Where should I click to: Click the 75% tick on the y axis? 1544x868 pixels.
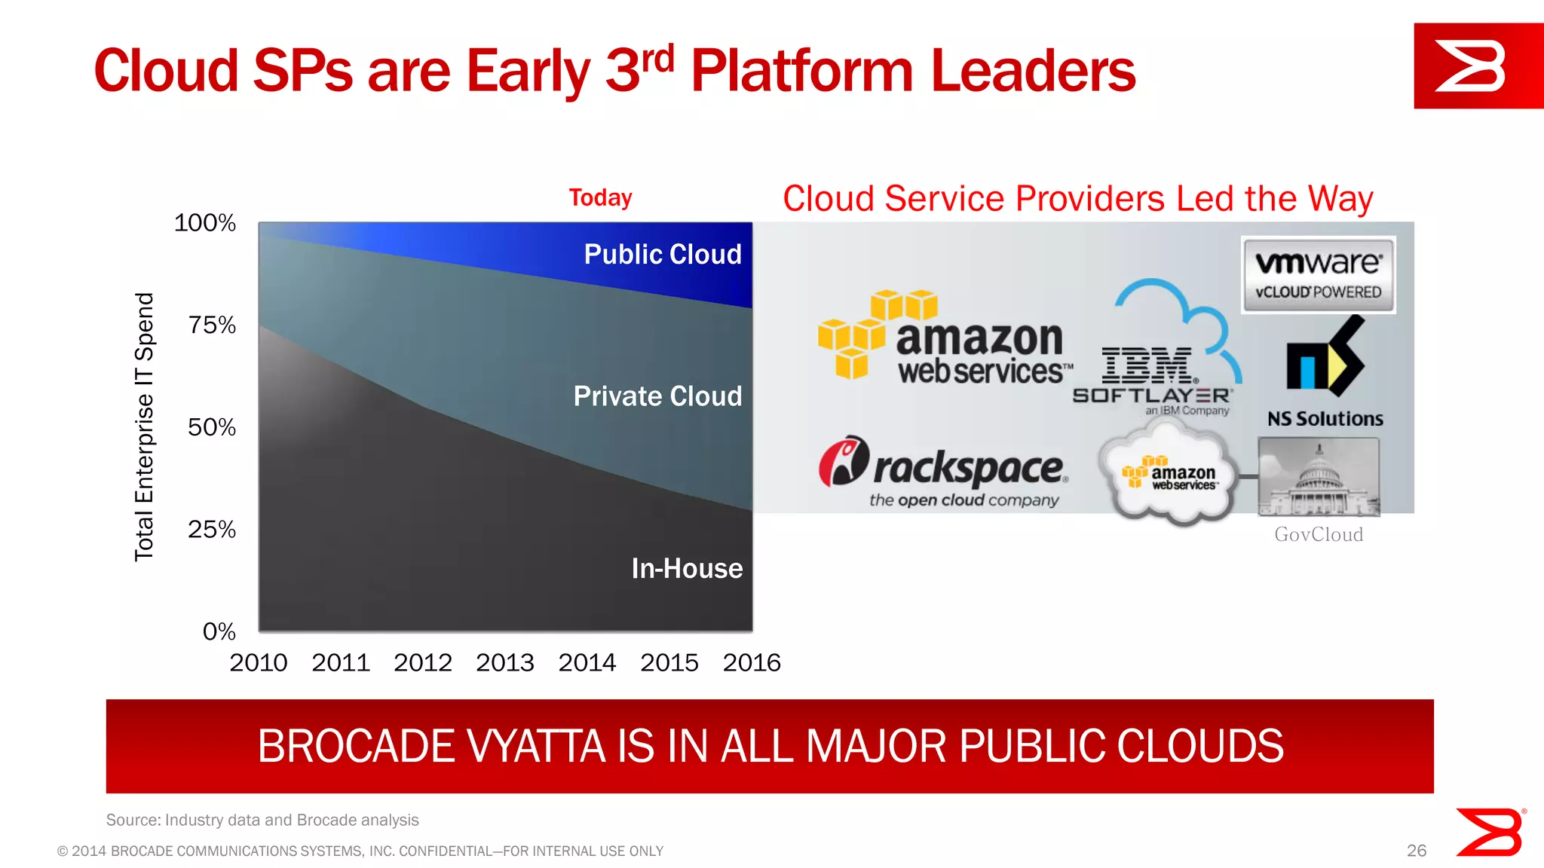(x=212, y=325)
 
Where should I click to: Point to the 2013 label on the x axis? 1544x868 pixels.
(x=504, y=663)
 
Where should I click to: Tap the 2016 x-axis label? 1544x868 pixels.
(x=751, y=663)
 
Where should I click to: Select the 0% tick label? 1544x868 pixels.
(x=219, y=631)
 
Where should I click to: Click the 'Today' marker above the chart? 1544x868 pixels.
(x=600, y=197)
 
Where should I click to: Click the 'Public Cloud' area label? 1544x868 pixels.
(x=663, y=255)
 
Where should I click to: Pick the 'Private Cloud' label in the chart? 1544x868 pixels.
(x=657, y=396)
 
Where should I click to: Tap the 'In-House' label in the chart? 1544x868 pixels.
(x=687, y=568)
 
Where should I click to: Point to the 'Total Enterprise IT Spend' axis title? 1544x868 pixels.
(x=144, y=426)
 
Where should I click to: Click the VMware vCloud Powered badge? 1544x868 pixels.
(x=1318, y=275)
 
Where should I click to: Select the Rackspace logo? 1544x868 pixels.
(x=944, y=472)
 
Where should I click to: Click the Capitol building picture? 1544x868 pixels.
(x=1319, y=477)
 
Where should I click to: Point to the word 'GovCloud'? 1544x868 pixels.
(x=1319, y=534)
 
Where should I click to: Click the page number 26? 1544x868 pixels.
(x=1416, y=851)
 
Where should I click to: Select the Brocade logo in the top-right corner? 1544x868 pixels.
(x=1477, y=66)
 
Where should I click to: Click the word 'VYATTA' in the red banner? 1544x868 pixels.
(x=538, y=747)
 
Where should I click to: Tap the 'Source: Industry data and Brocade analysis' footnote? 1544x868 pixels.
(x=262, y=820)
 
